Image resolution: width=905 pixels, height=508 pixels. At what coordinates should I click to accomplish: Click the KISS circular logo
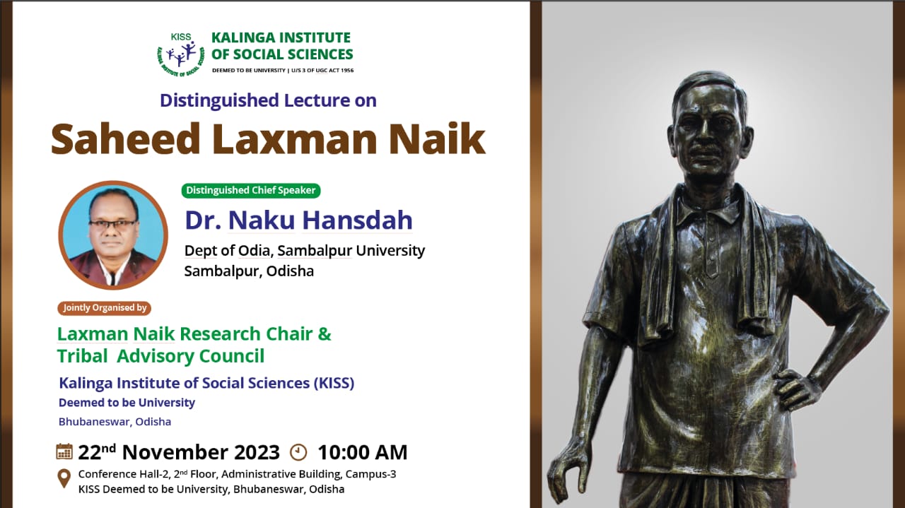(x=180, y=55)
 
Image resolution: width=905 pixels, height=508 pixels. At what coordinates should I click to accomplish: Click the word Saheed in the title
(x=126, y=138)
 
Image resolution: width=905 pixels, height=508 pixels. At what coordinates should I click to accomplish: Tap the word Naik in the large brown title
(x=437, y=138)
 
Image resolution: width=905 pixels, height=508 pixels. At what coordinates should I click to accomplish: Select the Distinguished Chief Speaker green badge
(x=251, y=190)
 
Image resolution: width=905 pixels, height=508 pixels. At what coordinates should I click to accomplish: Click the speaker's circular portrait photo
(x=113, y=235)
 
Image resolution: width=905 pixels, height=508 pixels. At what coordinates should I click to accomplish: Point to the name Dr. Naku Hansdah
(x=298, y=220)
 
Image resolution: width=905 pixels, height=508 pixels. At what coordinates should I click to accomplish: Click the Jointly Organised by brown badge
(x=104, y=308)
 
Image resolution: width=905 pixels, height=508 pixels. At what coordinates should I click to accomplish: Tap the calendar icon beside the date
(x=64, y=451)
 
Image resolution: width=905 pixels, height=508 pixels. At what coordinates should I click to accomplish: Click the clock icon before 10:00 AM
(x=298, y=452)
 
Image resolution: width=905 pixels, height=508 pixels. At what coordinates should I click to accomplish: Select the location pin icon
(x=64, y=478)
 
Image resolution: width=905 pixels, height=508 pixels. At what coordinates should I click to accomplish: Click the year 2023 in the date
(x=257, y=452)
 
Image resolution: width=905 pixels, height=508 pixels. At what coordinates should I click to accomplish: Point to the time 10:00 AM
(x=363, y=452)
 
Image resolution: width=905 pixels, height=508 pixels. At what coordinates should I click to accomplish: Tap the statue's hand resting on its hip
(x=797, y=387)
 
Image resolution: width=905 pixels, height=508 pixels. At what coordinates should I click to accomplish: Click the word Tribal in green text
(x=83, y=356)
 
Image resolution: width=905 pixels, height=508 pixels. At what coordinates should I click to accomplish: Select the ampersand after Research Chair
(x=325, y=334)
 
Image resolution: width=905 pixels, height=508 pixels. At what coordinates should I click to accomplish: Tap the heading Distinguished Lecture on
(x=268, y=100)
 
